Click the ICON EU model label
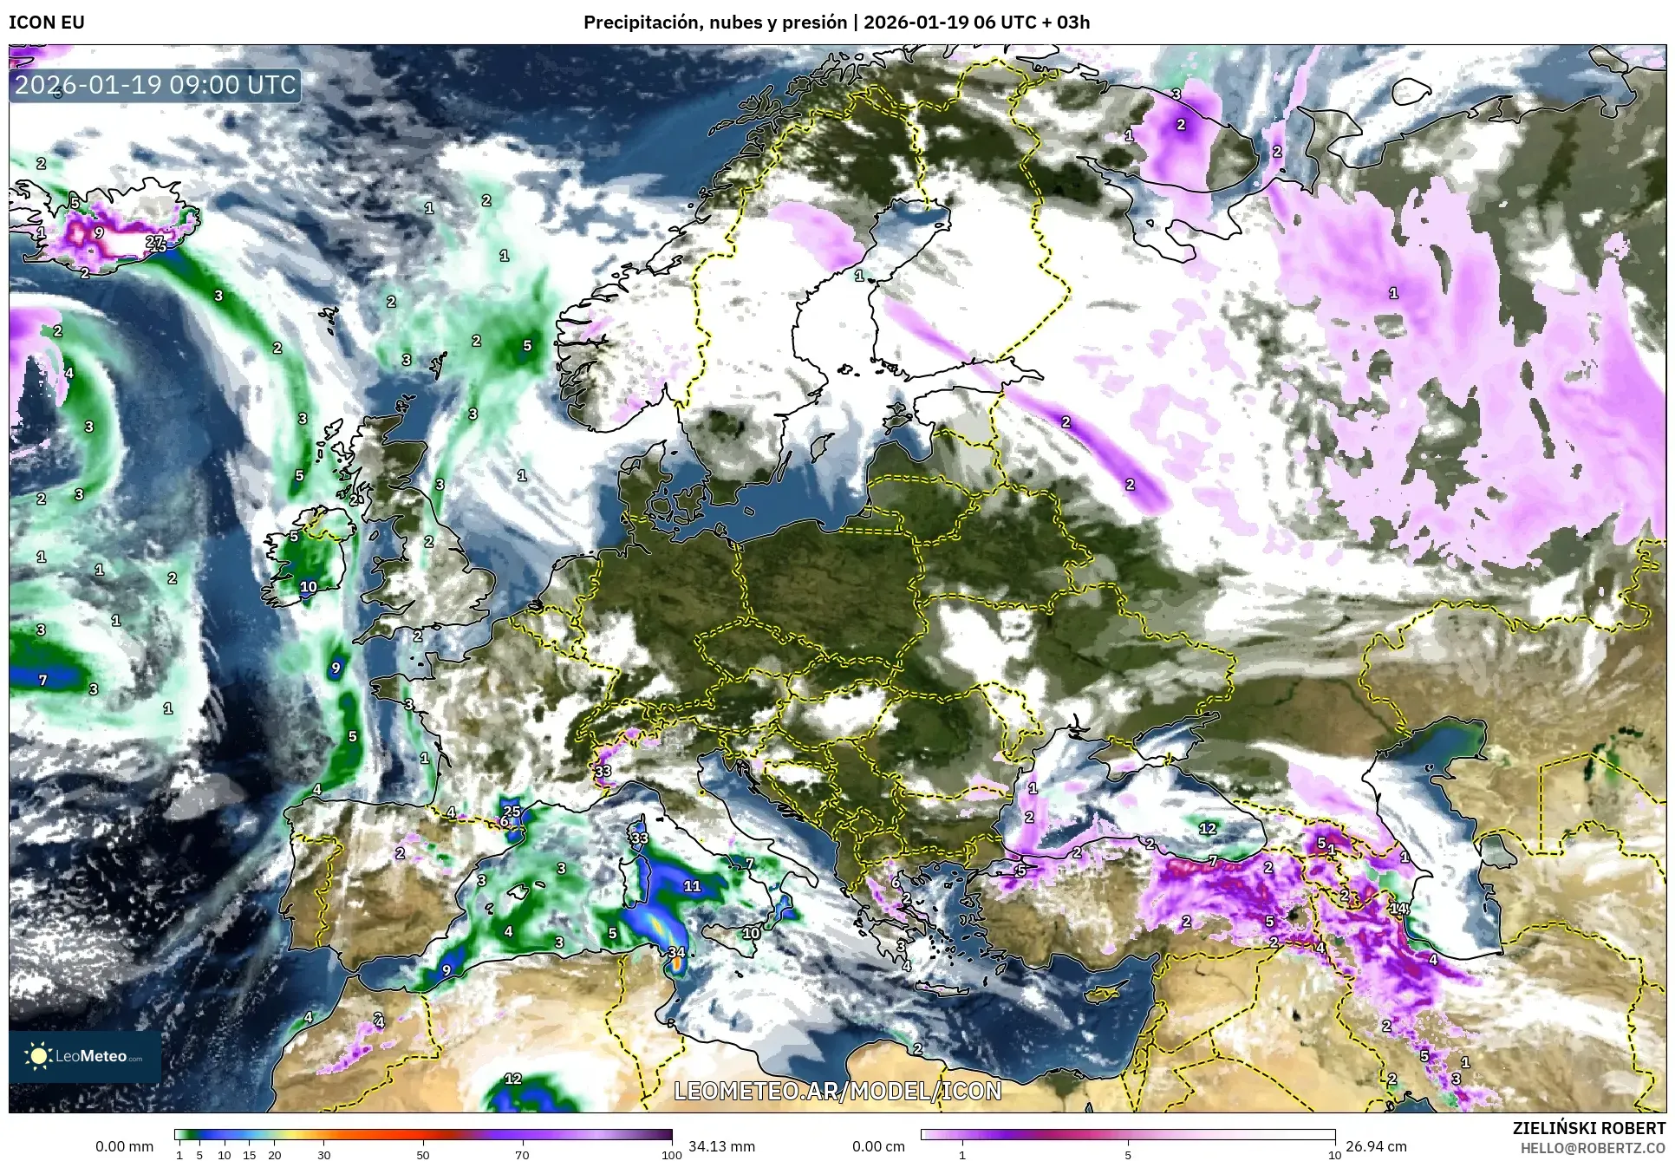pyautogui.click(x=47, y=23)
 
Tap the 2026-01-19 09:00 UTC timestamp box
pyautogui.click(x=156, y=85)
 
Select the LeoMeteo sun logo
pyautogui.click(x=39, y=1056)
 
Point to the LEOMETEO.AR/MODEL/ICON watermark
pyautogui.click(x=837, y=1091)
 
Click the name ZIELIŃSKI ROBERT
pyautogui.click(x=1588, y=1128)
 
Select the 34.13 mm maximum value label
pyautogui.click(x=721, y=1146)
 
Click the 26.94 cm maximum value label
pyautogui.click(x=1375, y=1146)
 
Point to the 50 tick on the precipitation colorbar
pyautogui.click(x=423, y=1154)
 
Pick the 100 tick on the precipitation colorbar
pyautogui.click(x=671, y=1154)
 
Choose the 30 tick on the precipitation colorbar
pyautogui.click(x=323, y=1154)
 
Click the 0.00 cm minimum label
pyautogui.click(x=878, y=1146)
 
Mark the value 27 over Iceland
pyautogui.click(x=155, y=242)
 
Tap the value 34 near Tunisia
pyautogui.click(x=676, y=952)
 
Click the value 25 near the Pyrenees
pyautogui.click(x=512, y=812)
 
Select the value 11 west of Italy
pyautogui.click(x=692, y=886)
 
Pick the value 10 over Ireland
pyautogui.click(x=309, y=587)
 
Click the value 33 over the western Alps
pyautogui.click(x=603, y=771)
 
